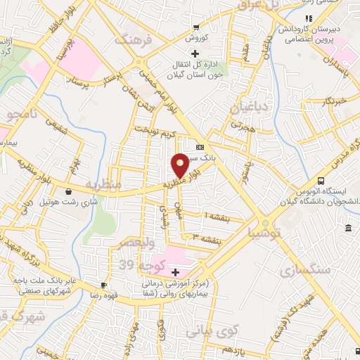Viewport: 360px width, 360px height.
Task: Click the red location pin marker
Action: [x=180, y=165]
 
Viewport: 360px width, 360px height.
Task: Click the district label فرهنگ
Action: [x=136, y=39]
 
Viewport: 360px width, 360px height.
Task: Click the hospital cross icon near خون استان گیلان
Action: [x=196, y=54]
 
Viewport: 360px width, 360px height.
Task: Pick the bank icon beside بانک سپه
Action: [x=200, y=147]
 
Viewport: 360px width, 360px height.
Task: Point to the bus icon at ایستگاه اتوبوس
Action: [x=321, y=180]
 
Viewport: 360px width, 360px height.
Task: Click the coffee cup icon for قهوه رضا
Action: [x=103, y=285]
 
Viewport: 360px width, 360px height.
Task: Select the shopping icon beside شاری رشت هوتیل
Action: [x=68, y=191]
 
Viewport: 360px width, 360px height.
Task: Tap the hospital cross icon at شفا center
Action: [x=176, y=272]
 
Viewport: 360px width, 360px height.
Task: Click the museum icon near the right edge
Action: [x=349, y=228]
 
